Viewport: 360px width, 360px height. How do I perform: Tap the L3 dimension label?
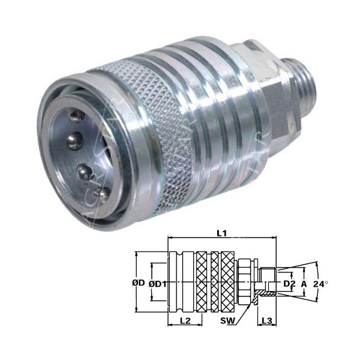[x=266, y=322]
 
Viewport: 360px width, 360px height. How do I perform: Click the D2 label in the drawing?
[x=289, y=280]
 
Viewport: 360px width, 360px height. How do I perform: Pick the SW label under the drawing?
[x=227, y=322]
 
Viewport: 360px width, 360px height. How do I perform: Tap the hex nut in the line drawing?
[x=245, y=280]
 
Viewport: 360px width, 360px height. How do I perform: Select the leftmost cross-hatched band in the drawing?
[x=201, y=280]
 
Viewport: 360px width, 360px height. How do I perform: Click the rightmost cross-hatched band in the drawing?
[x=227, y=280]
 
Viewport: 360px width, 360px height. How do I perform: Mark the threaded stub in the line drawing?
[x=266, y=280]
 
